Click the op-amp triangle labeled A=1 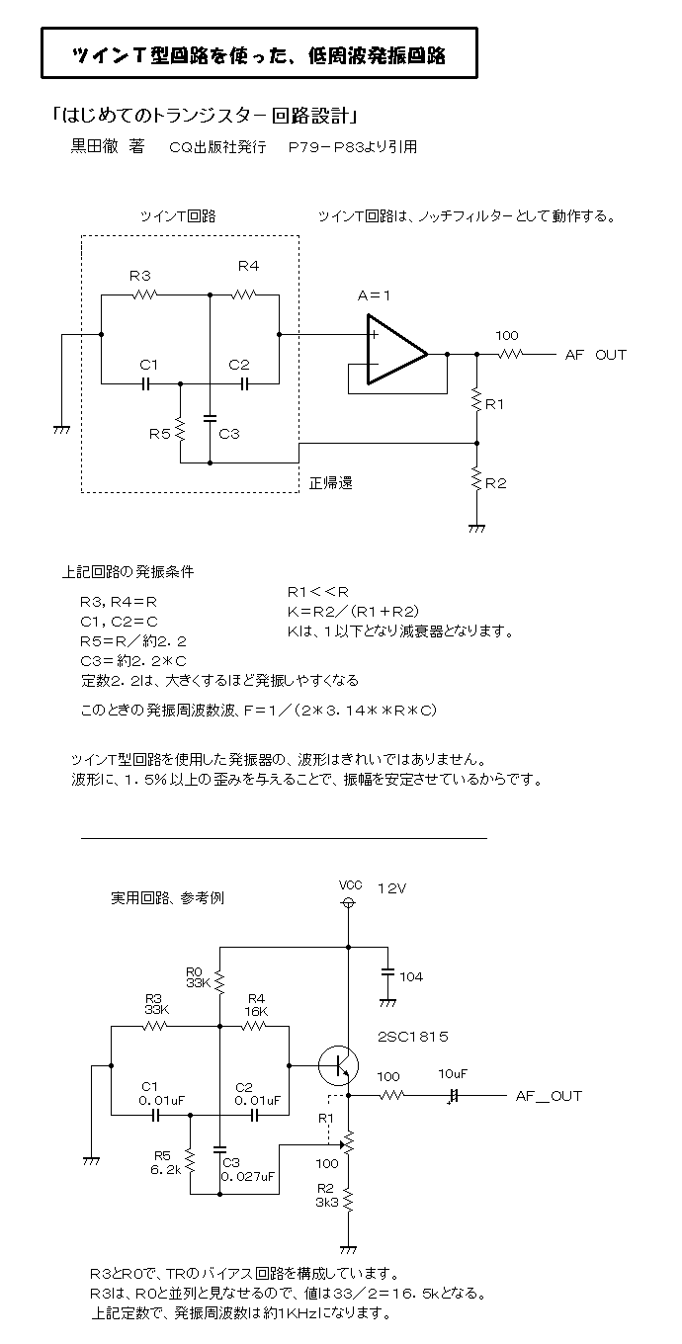(396, 349)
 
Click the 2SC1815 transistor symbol (339, 1066)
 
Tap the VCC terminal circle (348, 902)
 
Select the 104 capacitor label (411, 976)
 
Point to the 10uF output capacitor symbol (454, 1096)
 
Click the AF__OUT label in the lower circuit (549, 1096)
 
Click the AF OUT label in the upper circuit (596, 355)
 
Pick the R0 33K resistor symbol (219, 982)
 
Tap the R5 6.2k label (165, 1162)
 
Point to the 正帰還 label (331, 483)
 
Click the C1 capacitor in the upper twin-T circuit (145, 383)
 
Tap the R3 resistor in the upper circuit (144, 294)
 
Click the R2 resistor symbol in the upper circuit (476, 478)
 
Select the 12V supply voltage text (392, 888)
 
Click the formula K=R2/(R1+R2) (353, 612)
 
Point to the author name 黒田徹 (95, 146)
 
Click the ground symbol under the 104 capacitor (387, 1003)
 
